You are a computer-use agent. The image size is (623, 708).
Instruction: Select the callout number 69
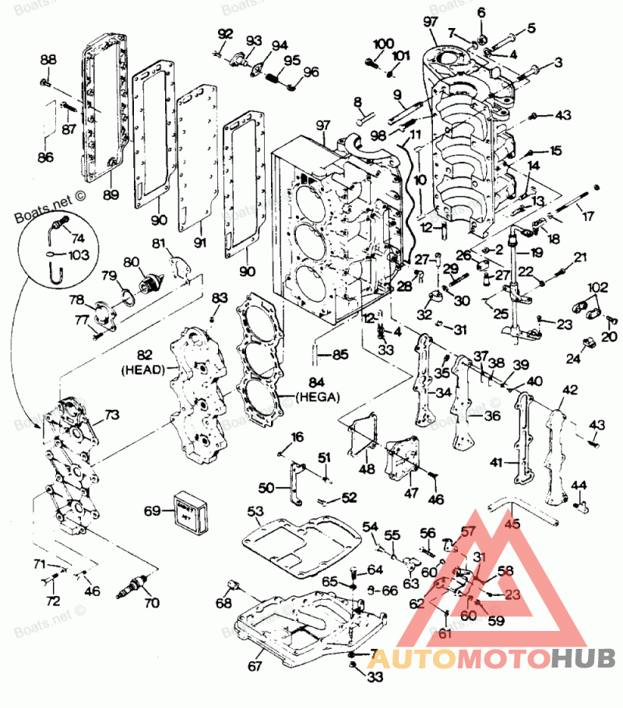coord(153,511)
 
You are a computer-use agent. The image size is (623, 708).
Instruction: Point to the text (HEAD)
coord(143,372)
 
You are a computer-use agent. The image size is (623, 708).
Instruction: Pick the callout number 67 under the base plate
coord(255,666)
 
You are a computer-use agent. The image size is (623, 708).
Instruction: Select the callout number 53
coord(255,510)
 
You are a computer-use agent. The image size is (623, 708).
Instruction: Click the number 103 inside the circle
coord(79,254)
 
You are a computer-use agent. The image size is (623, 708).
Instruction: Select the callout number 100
coord(384,42)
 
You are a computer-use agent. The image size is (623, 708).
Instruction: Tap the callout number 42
coord(570,389)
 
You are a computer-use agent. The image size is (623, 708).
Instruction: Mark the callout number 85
coord(339,356)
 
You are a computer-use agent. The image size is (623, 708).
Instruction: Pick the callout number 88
coord(48,60)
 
